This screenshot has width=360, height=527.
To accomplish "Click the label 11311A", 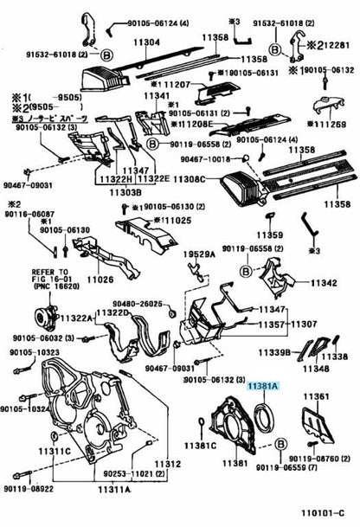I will (x=114, y=489).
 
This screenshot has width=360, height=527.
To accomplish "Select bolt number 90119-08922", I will (x=28, y=489).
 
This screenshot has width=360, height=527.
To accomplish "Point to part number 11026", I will (x=100, y=280).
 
